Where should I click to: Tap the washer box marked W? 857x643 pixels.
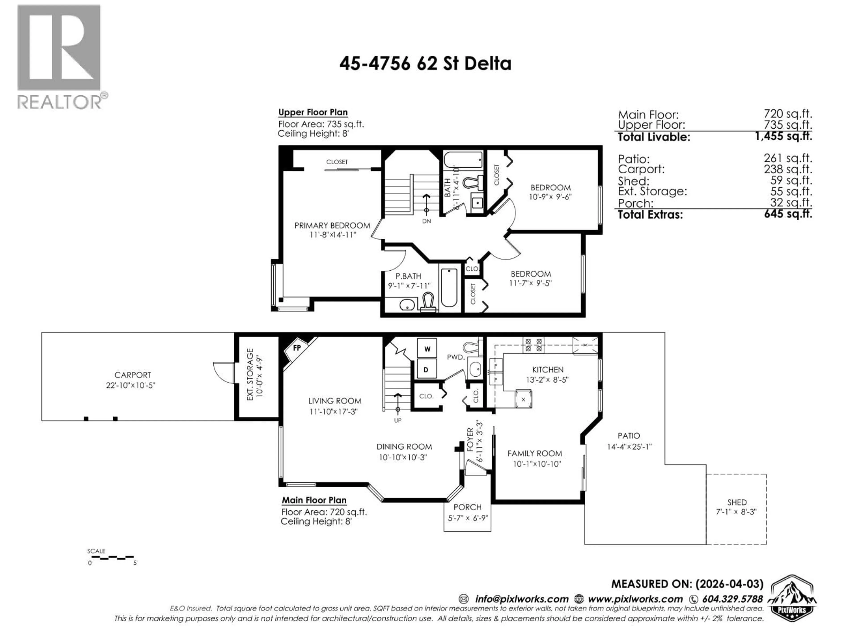tap(427, 349)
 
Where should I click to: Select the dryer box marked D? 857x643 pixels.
tap(426, 369)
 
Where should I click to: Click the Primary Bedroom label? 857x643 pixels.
tap(332, 225)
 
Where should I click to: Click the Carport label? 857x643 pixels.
tap(133, 375)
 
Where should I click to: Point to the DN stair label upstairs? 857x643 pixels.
tap(426, 221)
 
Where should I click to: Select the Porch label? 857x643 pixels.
tap(467, 507)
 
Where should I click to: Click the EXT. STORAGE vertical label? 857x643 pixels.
tap(250, 374)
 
